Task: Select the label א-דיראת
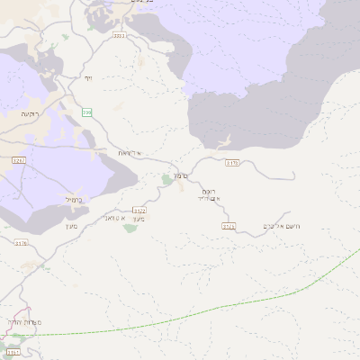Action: pos(130,153)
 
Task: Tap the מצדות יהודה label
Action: pos(21,322)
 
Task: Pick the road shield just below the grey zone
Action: pos(231,163)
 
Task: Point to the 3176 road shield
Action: pos(21,242)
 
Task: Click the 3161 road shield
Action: pos(13,340)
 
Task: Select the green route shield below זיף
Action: pos(86,112)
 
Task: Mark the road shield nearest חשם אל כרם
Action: pos(229,227)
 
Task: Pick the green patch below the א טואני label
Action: pos(130,228)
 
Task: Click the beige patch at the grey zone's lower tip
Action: pos(222,142)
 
